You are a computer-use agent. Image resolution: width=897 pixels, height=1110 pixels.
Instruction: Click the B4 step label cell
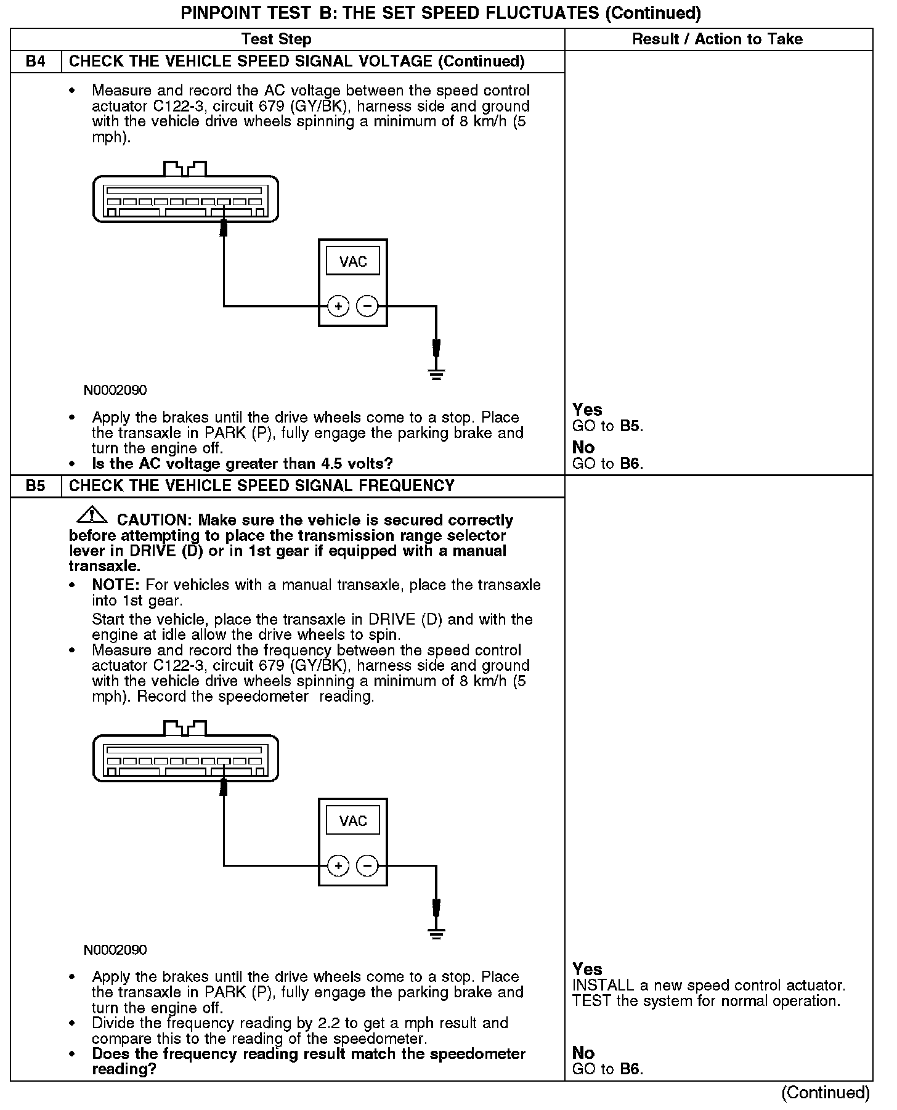36,62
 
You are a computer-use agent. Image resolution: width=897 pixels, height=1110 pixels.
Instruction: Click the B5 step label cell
36,486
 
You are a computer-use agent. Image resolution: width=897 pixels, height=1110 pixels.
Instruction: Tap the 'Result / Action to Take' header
717,39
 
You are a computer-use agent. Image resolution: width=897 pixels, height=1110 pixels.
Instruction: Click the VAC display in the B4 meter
353,262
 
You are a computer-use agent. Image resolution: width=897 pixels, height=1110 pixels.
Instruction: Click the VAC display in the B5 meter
353,821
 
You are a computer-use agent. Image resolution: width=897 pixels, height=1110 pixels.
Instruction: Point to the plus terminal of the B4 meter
338,306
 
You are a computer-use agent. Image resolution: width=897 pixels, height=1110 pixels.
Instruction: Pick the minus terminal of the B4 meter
367,306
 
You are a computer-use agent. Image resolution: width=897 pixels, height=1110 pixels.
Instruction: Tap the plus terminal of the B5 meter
338,865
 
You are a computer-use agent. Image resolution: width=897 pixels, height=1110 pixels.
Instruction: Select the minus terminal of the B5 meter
367,865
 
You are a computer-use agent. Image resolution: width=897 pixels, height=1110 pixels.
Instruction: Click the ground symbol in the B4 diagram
436,374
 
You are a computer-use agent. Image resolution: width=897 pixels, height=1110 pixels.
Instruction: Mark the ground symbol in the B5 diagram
436,933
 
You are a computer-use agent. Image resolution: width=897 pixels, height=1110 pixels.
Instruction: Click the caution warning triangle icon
91,514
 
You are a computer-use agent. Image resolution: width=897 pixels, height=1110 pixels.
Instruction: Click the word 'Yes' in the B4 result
587,410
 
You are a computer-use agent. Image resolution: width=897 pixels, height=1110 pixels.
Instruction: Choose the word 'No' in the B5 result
583,1053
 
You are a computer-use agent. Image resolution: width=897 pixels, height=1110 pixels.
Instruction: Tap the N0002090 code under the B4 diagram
115,391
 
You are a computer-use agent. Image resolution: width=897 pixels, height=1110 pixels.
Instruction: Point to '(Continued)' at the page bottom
826,1093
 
